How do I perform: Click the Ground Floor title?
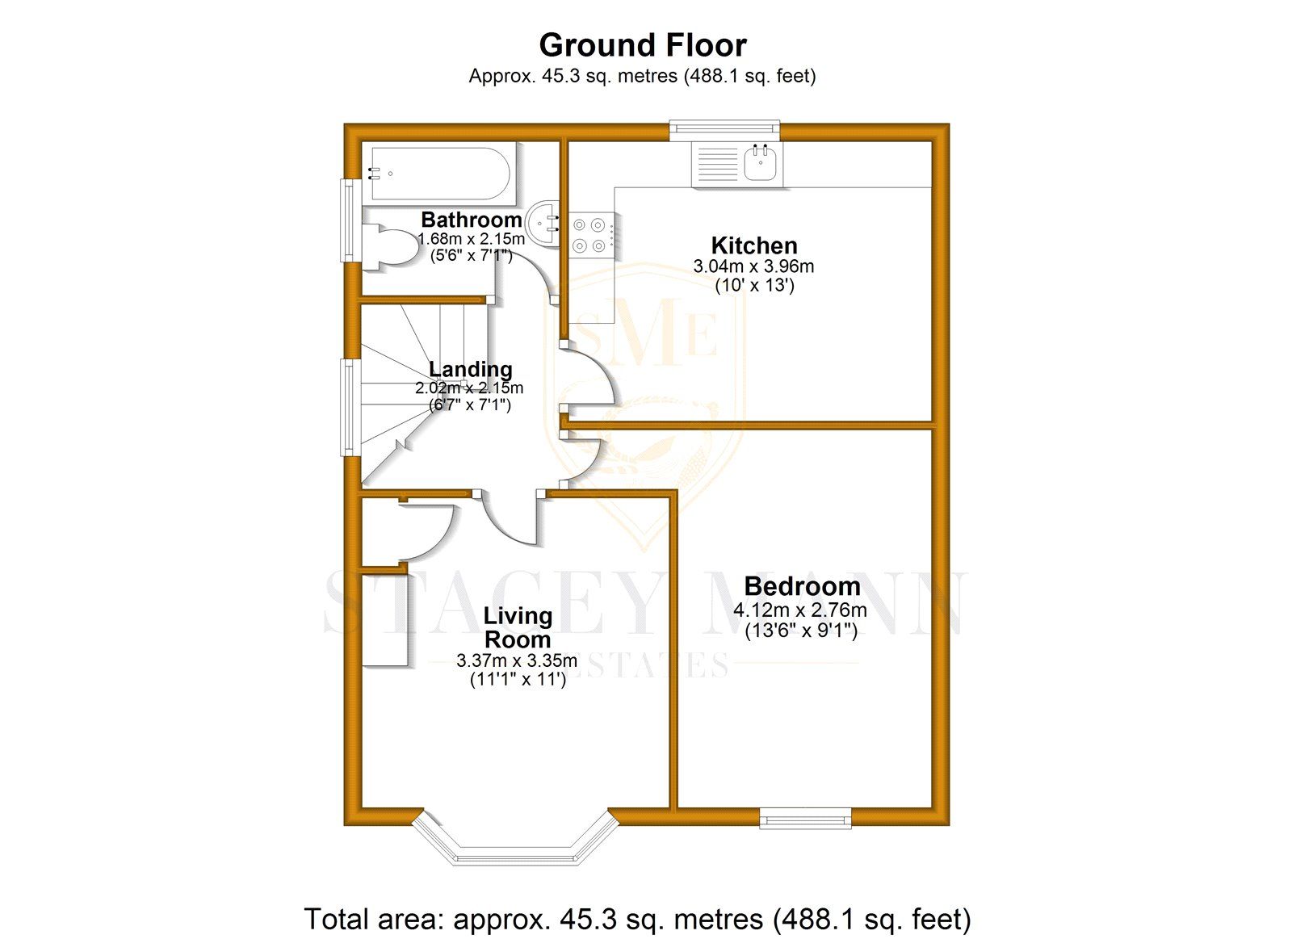click(x=643, y=45)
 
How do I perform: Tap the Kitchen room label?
click(x=753, y=245)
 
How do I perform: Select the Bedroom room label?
click(x=801, y=586)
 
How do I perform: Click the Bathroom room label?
click(x=471, y=220)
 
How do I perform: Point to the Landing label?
click(x=470, y=369)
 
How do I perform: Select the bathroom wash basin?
click(x=542, y=221)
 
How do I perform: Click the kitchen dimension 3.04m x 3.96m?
click(x=753, y=266)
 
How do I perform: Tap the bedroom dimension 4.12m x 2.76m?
click(x=799, y=610)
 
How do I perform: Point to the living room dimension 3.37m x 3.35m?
click(x=517, y=660)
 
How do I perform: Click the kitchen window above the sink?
click(x=724, y=127)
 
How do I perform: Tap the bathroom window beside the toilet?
click(x=349, y=220)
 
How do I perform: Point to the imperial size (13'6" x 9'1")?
click(x=800, y=631)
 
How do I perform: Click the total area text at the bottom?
click(x=637, y=919)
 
